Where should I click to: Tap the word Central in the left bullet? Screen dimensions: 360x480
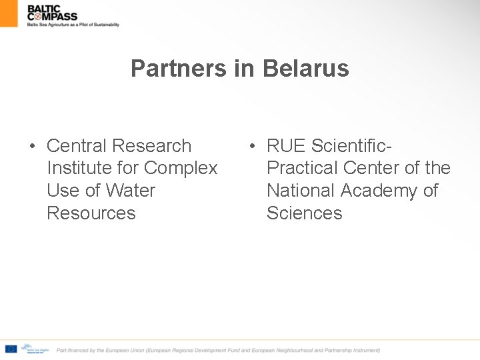pyautogui.click(x=77, y=145)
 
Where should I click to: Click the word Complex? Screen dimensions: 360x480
pyautogui.click(x=181, y=168)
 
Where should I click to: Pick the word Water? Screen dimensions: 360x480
pyautogui.click(x=130, y=191)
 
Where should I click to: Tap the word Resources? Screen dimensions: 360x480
pyautogui.click(x=91, y=213)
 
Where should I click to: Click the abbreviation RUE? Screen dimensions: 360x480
pyautogui.click(x=286, y=145)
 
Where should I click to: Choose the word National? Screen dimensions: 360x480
pyautogui.click(x=301, y=191)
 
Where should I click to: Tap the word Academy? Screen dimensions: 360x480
pyautogui.click(x=380, y=191)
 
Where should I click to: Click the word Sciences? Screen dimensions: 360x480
pyautogui.click(x=304, y=213)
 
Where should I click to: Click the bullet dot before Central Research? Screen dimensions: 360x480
pyautogui.click(x=31, y=146)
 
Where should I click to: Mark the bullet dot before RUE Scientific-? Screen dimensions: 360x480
pyautogui.click(x=252, y=146)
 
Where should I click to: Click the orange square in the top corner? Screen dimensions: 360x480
pyautogui.click(x=9, y=13)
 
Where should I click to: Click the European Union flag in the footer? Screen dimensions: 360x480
pyautogui.click(x=11, y=349)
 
